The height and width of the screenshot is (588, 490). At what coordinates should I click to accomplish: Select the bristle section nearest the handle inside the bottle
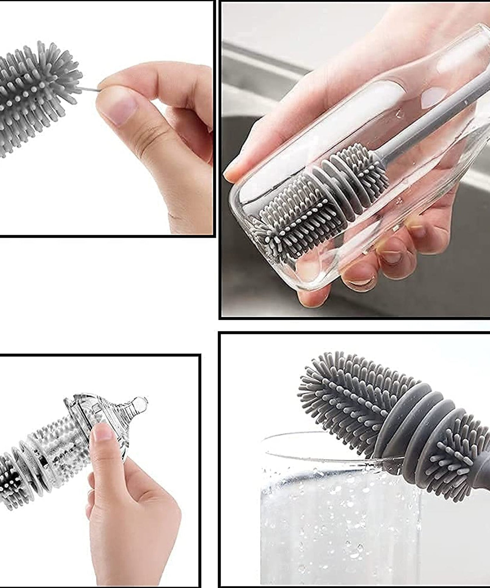pyautogui.click(x=363, y=169)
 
